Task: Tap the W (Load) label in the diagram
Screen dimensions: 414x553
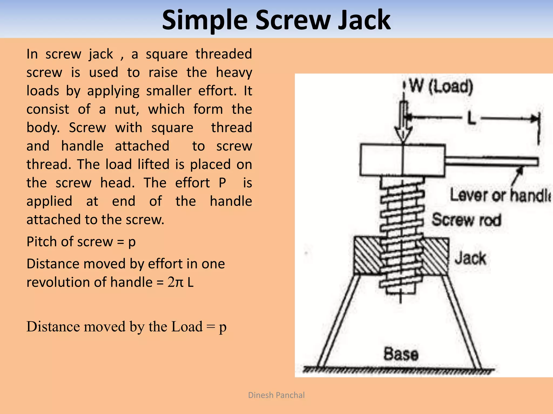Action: point(441,86)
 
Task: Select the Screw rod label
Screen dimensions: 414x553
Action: point(466,220)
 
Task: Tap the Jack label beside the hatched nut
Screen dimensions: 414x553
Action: point(470,258)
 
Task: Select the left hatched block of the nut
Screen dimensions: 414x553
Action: point(367,256)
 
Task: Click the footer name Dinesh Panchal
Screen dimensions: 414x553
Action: point(276,395)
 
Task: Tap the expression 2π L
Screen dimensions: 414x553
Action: point(180,282)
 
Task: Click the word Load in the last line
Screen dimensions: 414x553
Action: point(187,327)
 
